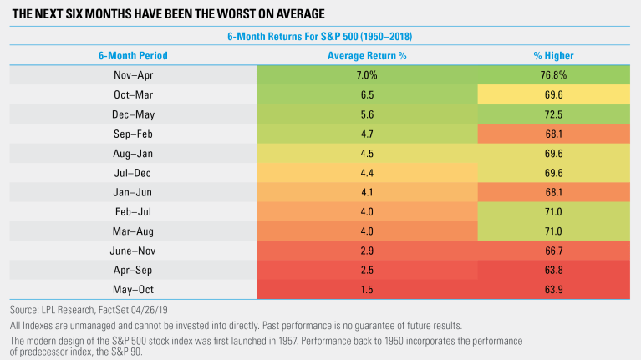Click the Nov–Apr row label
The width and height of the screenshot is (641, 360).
click(x=133, y=75)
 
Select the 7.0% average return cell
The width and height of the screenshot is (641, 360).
click(x=367, y=75)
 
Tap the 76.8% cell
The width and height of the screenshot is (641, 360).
click(x=553, y=75)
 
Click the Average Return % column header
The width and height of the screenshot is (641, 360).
click(x=367, y=56)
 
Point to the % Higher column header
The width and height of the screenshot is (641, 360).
click(x=553, y=56)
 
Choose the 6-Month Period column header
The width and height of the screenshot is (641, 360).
click(x=133, y=56)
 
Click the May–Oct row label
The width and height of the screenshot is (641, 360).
click(x=133, y=290)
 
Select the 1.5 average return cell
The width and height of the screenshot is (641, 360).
click(x=367, y=290)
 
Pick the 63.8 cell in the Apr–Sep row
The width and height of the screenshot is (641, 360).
click(x=553, y=270)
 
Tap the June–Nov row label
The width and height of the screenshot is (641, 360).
click(x=133, y=251)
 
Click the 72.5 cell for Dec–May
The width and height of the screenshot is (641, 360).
click(x=553, y=114)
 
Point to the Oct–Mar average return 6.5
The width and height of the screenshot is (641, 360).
click(x=367, y=94)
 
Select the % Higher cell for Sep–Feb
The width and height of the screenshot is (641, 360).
click(x=553, y=134)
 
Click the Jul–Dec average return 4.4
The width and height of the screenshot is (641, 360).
click(x=367, y=173)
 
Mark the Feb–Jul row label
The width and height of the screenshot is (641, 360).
click(x=133, y=211)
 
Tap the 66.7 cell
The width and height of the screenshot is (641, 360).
click(x=553, y=251)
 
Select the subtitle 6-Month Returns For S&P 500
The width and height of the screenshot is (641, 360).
click(x=293, y=37)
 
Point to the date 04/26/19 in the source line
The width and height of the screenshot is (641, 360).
click(x=150, y=310)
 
